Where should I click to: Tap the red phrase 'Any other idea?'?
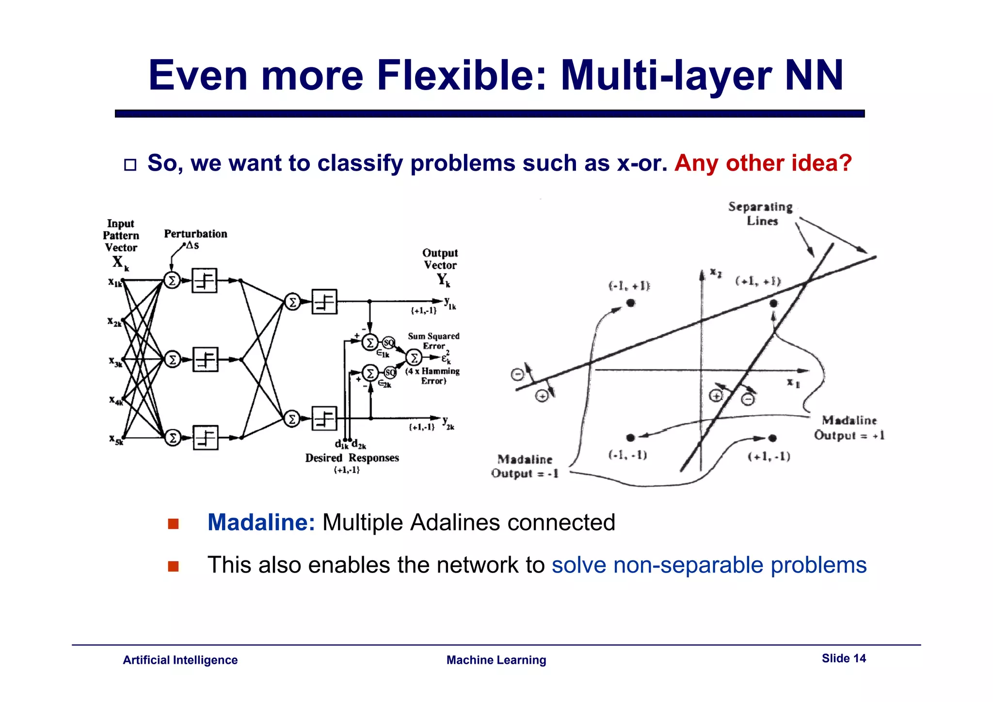763,163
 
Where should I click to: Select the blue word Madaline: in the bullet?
261,523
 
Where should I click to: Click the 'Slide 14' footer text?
843,658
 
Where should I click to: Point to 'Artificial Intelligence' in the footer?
180,660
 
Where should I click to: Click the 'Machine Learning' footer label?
496,660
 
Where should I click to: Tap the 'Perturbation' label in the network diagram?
195,234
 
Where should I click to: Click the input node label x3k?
115,361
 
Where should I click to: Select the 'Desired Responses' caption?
352,458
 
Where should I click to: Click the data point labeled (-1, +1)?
630,303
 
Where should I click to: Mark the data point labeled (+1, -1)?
772,438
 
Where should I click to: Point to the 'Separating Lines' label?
760,213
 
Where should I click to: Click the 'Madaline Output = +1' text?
849,428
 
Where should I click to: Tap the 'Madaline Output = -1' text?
525,466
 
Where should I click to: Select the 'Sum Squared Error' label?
433,341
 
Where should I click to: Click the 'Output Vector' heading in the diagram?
440,259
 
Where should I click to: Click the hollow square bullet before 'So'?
130,165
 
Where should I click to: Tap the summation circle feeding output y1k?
292,303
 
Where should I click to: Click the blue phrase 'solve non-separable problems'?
709,565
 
